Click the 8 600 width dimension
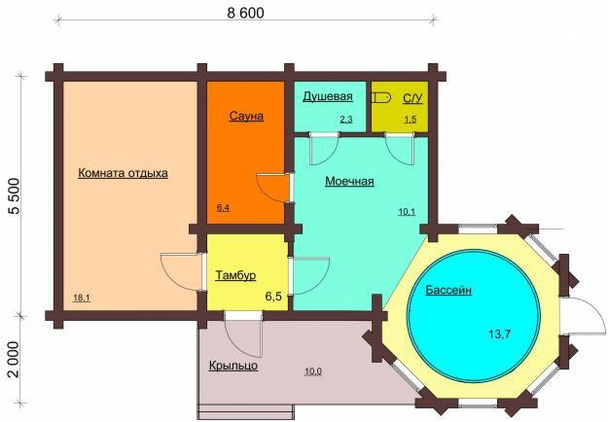pos(245,14)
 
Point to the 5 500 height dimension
pos(15,196)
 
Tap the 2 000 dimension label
pos(15,359)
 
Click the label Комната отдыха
pos(123,173)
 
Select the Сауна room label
pos(246,116)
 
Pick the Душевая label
pos(328,96)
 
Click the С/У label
pos(412,98)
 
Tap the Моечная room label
pos(349,181)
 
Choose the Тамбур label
pos(235,275)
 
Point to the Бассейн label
pos(448,290)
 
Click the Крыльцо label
pos(233,366)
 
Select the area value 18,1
pos(82,298)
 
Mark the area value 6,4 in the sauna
pos(223,208)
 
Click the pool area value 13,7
pos(499,334)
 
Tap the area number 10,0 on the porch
pos(313,371)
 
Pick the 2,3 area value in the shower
pos(346,120)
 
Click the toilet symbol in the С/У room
pos(380,97)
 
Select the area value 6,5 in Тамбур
pos(273,297)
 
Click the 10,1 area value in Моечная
pos(407,212)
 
